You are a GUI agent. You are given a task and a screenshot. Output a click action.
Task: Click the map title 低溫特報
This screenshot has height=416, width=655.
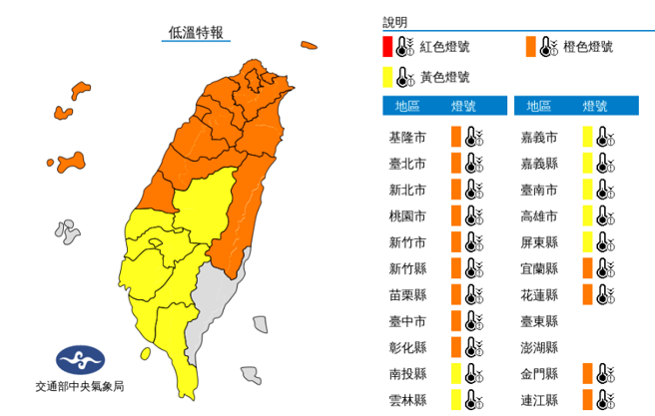(x=196, y=33)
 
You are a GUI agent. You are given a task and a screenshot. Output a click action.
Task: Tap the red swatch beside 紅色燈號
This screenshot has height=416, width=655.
(x=387, y=46)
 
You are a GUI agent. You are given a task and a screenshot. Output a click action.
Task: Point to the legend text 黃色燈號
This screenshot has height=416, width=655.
(x=445, y=76)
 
